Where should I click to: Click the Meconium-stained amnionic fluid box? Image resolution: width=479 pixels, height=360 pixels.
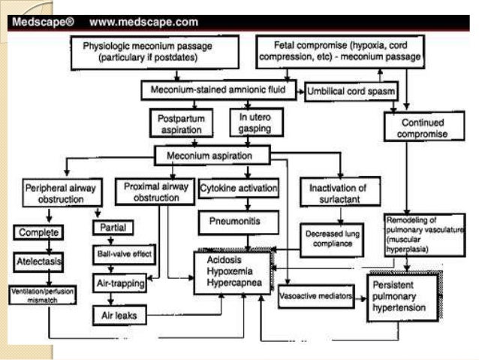click(221, 90)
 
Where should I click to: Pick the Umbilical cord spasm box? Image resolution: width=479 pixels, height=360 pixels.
click(351, 91)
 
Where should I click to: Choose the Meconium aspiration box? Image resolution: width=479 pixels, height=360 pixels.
click(212, 156)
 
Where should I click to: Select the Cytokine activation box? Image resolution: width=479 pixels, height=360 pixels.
click(238, 188)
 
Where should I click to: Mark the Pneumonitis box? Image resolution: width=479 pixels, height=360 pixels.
click(238, 222)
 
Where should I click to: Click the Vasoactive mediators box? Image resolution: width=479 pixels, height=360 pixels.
click(315, 297)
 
